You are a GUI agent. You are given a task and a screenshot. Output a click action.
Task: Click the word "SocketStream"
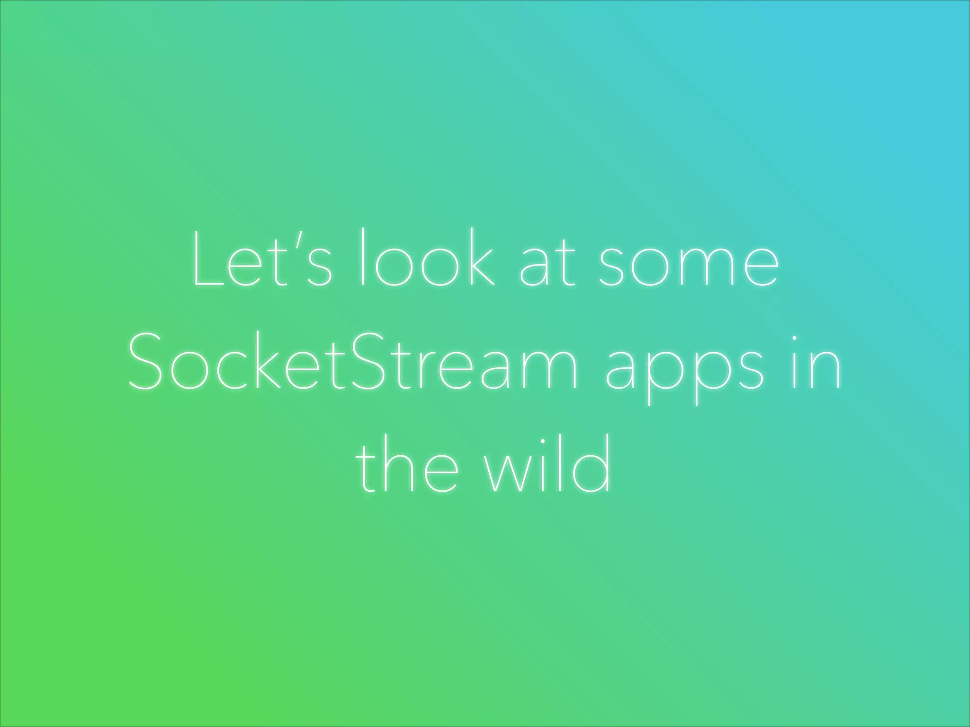[353, 362]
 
